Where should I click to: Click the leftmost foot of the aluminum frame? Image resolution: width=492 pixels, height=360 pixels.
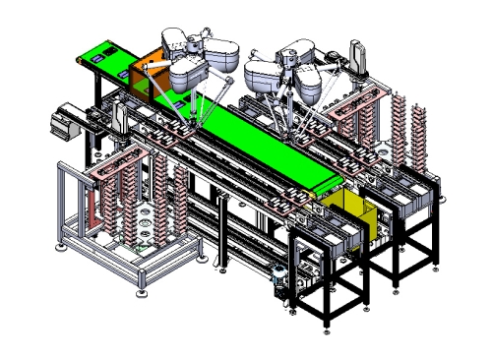click(x=66, y=258)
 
